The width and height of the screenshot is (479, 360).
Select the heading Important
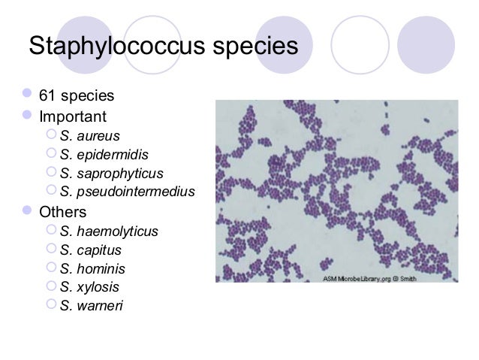click(73, 117)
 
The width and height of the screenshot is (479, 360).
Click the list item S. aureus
click(89, 136)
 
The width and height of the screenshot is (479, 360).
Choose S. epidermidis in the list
click(104, 155)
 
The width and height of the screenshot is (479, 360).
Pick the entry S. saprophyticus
click(111, 174)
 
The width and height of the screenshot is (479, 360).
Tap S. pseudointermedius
click(127, 192)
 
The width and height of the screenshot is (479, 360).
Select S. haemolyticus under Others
click(109, 231)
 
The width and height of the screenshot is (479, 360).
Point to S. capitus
click(90, 250)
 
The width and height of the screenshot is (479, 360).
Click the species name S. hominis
click(92, 268)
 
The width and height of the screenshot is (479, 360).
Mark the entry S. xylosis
click(89, 287)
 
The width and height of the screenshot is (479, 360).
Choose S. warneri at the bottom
click(91, 306)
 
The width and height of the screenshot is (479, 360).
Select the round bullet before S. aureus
click(52, 136)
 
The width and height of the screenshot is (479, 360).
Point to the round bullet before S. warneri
click(52, 306)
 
